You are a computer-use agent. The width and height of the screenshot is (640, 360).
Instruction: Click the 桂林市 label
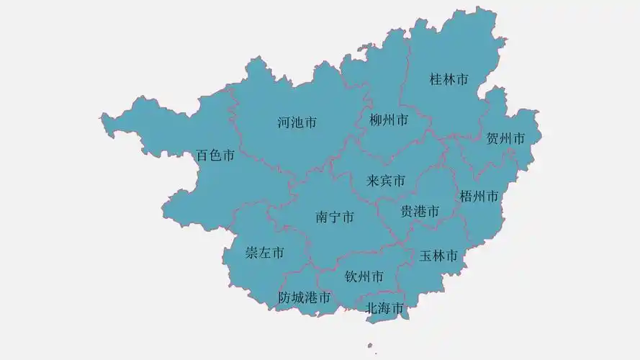tap(449, 79)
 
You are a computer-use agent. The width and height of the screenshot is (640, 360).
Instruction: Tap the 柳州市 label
tap(389, 120)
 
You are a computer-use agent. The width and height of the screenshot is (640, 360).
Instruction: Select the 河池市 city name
tap(297, 122)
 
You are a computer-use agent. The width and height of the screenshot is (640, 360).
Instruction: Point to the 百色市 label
tap(215, 155)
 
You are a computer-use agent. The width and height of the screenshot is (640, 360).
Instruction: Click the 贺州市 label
tap(505, 138)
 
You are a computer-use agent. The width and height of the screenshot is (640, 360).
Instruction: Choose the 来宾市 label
tap(386, 180)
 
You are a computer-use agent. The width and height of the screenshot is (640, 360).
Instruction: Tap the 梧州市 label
tap(479, 196)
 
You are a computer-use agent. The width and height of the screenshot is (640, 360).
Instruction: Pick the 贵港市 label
tap(420, 211)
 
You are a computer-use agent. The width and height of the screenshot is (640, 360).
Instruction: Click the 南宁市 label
tap(335, 217)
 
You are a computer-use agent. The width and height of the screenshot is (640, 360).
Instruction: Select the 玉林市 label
tap(439, 256)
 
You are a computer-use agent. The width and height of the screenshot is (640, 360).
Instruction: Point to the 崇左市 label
tap(264, 253)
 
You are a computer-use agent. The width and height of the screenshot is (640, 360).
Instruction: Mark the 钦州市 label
tap(364, 276)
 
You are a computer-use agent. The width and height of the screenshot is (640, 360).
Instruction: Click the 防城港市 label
tap(305, 297)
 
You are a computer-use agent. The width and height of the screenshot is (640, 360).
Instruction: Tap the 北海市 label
tap(384, 308)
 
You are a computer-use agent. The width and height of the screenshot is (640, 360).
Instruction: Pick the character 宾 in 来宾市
tap(386, 180)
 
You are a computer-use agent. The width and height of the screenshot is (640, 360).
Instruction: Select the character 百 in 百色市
tap(202, 155)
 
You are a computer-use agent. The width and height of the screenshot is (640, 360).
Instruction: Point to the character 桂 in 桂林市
tap(436, 79)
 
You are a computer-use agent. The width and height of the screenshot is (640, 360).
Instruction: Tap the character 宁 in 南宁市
tap(335, 217)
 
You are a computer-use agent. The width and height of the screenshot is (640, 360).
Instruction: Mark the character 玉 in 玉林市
tap(426, 256)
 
